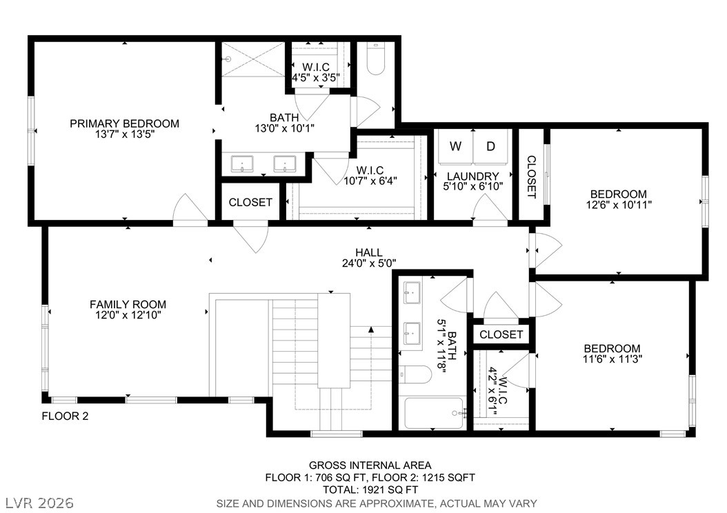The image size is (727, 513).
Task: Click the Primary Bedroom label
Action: (x=124, y=124)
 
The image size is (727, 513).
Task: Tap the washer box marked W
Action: (x=455, y=146)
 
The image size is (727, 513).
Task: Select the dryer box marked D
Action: (x=490, y=146)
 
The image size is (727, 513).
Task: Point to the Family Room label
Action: (x=128, y=304)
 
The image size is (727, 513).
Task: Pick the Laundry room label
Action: (x=472, y=177)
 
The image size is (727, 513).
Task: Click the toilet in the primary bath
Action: (x=375, y=59)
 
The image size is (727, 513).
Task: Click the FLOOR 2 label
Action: (x=65, y=416)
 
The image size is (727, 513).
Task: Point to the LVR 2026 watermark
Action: (x=39, y=501)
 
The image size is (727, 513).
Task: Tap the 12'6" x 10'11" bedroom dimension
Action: (x=619, y=204)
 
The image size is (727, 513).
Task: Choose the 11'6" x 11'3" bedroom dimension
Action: (x=612, y=359)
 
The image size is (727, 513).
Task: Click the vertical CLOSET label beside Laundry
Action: (x=531, y=177)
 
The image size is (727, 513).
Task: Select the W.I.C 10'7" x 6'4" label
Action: (x=370, y=175)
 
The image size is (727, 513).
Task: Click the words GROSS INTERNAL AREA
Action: (x=370, y=465)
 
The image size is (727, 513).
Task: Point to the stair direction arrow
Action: (x=371, y=331)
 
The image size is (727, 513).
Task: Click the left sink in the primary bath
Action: (x=242, y=164)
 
